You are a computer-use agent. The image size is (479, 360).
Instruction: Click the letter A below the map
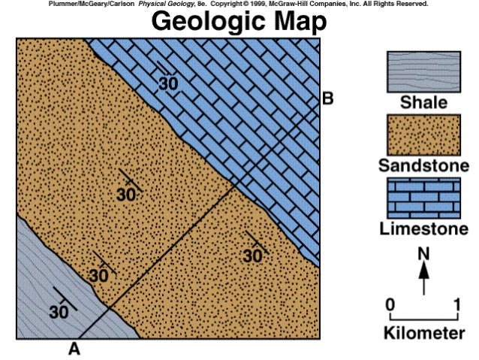coord(74,348)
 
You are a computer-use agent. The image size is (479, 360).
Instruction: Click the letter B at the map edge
coord(327,98)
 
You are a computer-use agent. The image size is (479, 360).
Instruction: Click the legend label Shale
coord(423,103)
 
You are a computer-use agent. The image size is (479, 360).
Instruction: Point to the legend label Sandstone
coord(423,165)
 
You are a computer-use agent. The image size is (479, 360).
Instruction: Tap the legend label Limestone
coord(423,227)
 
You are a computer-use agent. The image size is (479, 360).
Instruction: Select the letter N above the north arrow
coord(424,253)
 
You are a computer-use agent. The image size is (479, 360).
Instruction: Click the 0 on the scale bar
coord(390,305)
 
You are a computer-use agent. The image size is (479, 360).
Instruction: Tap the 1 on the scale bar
coord(457,305)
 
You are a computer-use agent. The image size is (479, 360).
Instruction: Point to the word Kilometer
coord(424,333)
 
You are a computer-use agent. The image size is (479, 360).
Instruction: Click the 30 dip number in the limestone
coord(168,83)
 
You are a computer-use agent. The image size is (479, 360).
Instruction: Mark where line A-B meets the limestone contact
coord(233,183)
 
